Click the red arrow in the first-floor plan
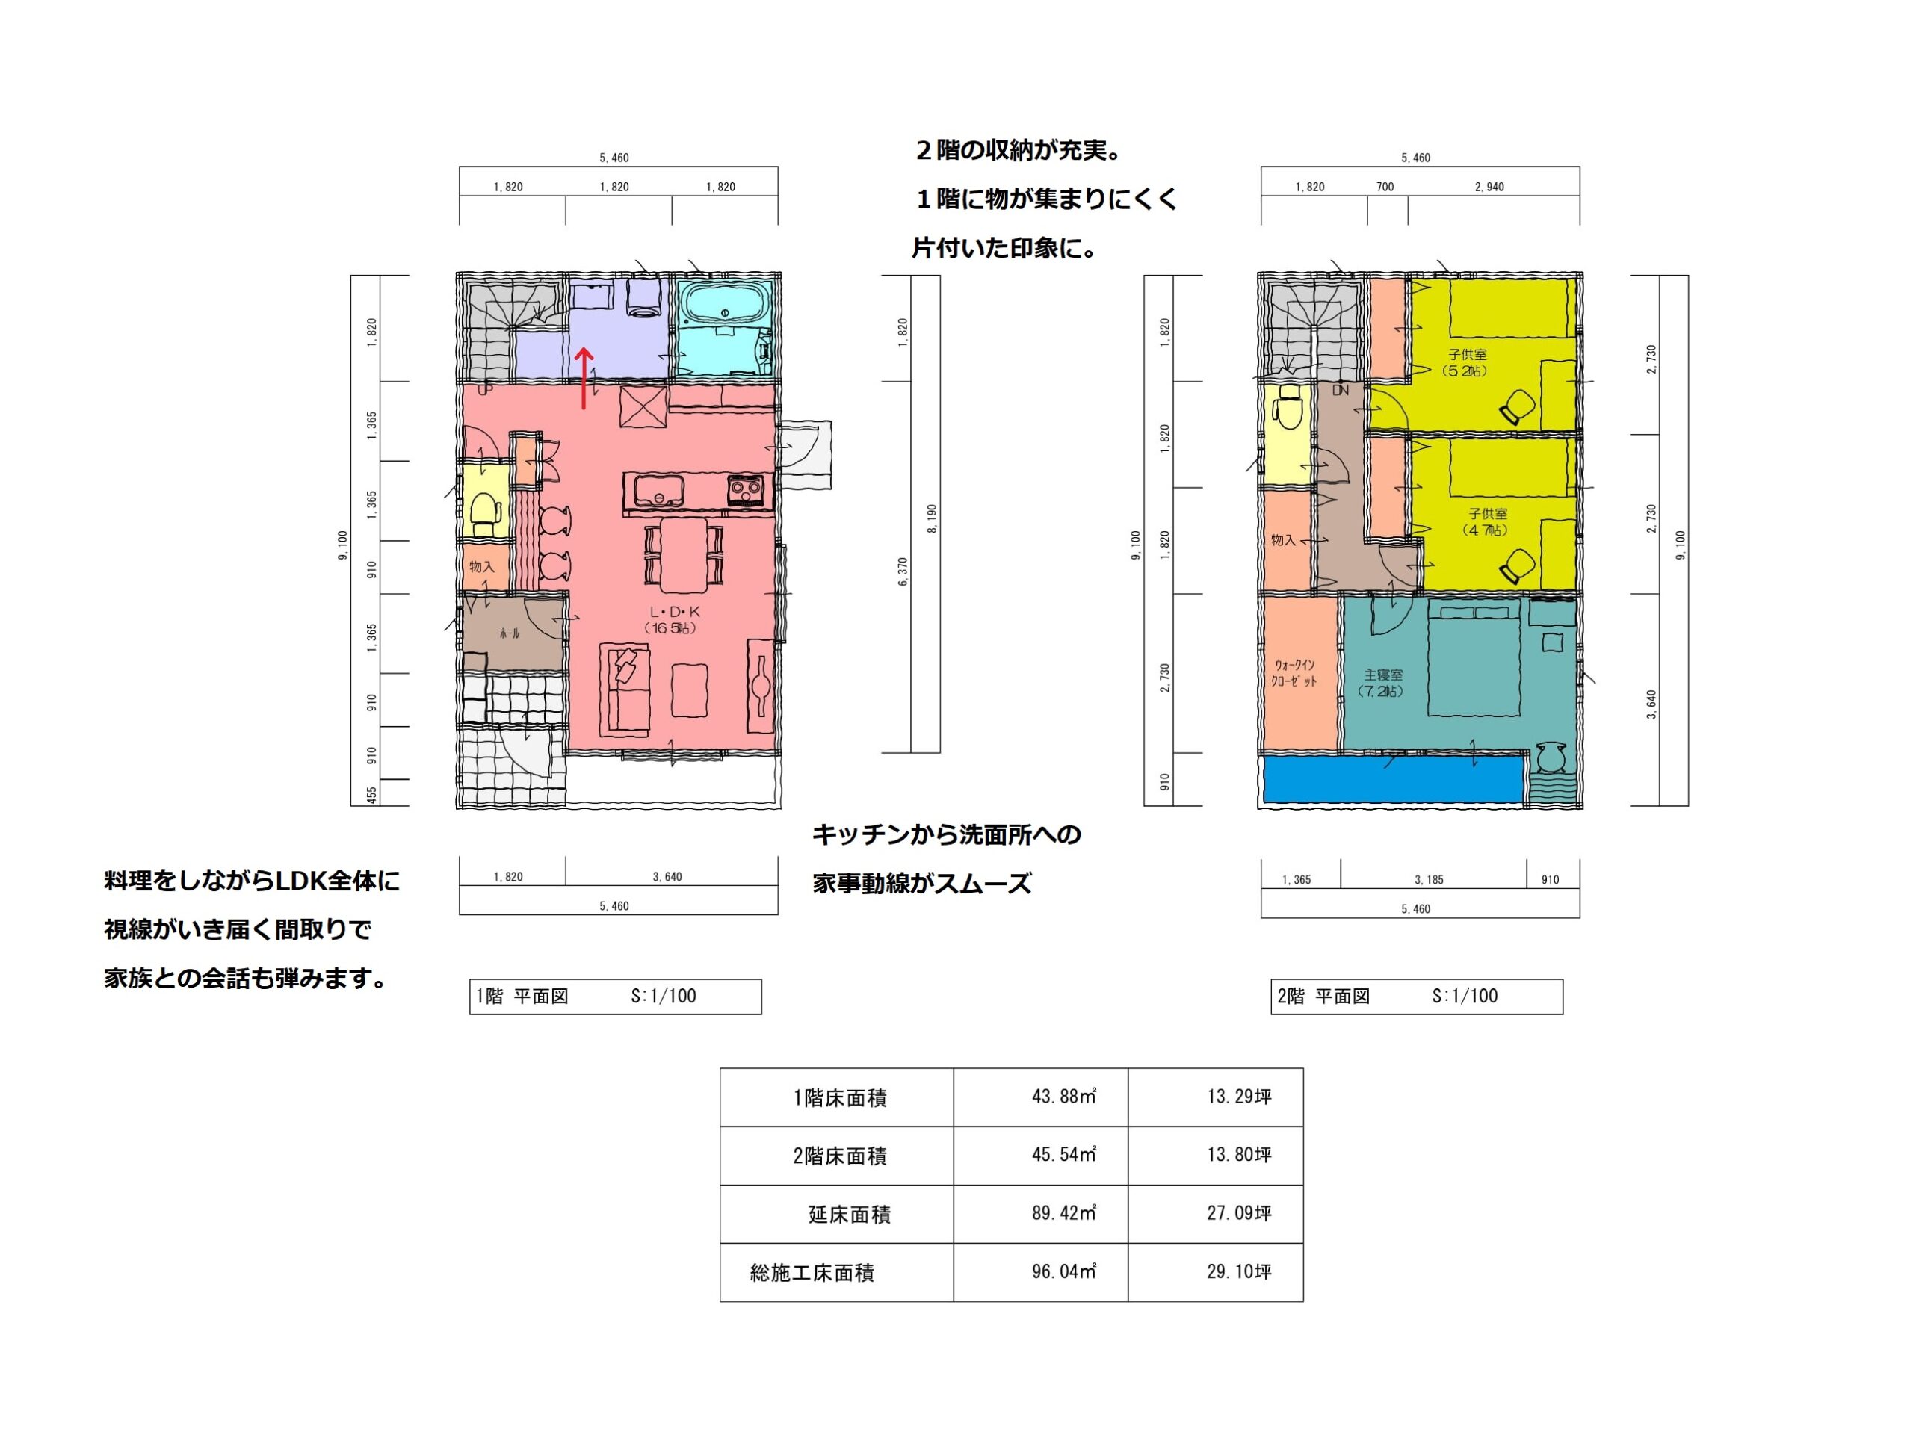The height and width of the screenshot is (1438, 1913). pyautogui.click(x=584, y=378)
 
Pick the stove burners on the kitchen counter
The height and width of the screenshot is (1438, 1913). pyautogui.click(x=744, y=490)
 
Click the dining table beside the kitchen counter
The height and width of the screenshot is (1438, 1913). pyautogui.click(x=684, y=554)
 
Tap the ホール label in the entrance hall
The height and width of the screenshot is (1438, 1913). pyautogui.click(x=510, y=633)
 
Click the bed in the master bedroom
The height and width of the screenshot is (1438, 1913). pyautogui.click(x=1474, y=660)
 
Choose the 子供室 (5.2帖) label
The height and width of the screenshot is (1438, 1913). pyautogui.click(x=1467, y=362)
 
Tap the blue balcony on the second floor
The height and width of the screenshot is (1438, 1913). pyautogui.click(x=1393, y=779)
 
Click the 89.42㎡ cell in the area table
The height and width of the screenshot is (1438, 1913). pyautogui.click(x=1064, y=1213)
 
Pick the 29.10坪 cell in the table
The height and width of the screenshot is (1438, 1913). pyautogui.click(x=1239, y=1271)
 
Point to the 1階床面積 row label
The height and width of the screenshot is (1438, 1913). pyautogui.click(x=840, y=1098)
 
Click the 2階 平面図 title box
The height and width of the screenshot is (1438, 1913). pyautogui.click(x=1417, y=996)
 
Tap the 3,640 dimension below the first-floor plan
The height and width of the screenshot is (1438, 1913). pyautogui.click(x=667, y=877)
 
